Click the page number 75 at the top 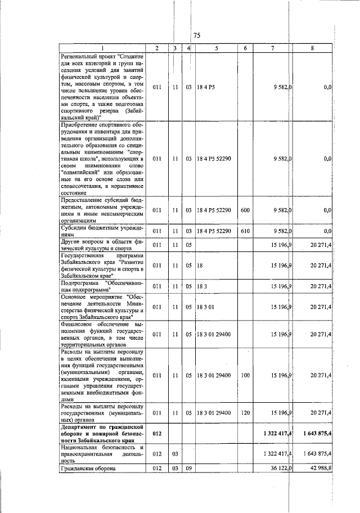[x=196, y=35]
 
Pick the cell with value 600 [x=245, y=210]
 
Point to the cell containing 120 [x=245, y=412]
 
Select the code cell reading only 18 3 [x=202, y=286]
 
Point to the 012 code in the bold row [x=157, y=434]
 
